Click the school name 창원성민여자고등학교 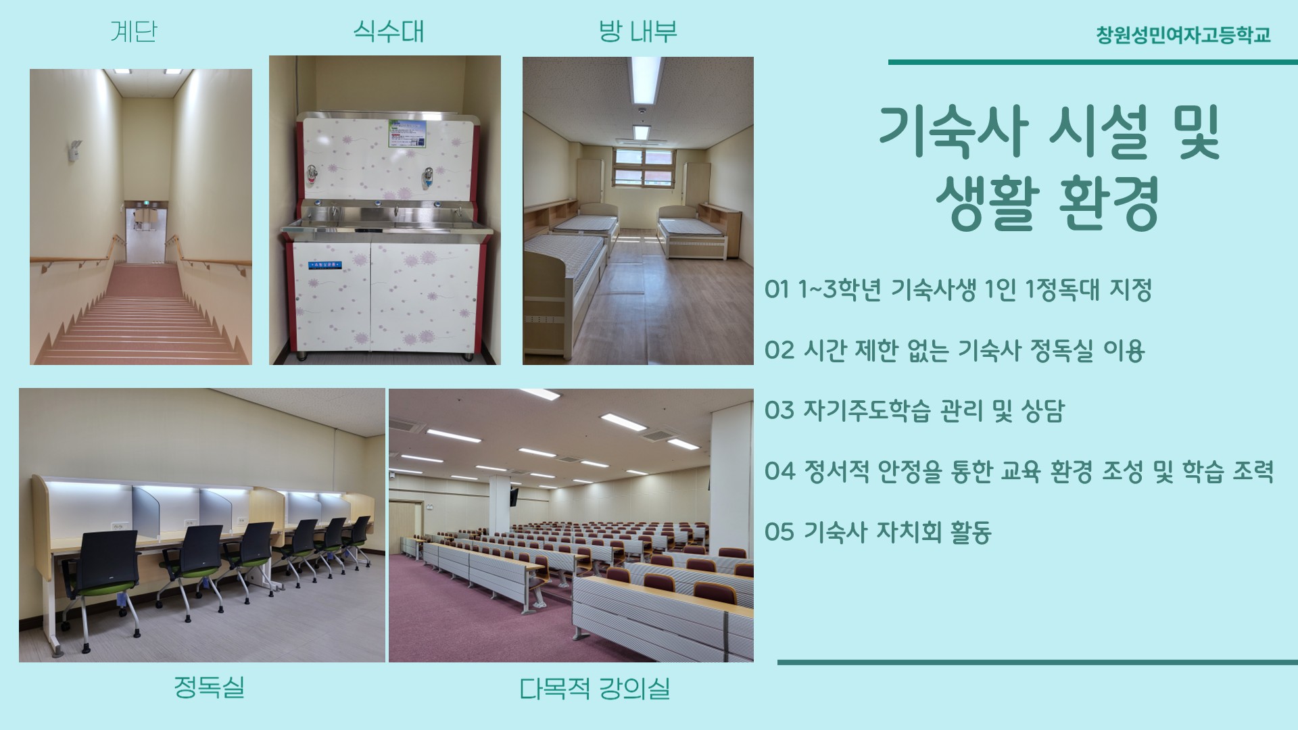pos(1183,34)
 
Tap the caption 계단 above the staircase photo pos(134,31)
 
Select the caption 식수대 pos(389,31)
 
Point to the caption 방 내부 pos(638,31)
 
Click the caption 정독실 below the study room pos(209,687)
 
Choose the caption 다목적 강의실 pos(594,689)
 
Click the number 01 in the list pos(777,289)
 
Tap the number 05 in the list pos(779,532)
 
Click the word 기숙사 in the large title pos(954,132)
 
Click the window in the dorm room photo pos(643,167)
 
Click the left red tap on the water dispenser pos(312,174)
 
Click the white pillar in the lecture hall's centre pos(500,514)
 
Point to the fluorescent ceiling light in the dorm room pos(646,79)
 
